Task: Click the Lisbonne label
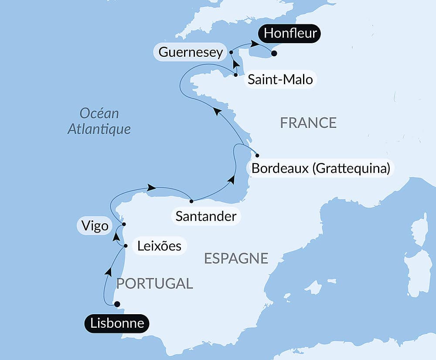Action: [x=116, y=323]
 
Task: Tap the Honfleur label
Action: [x=290, y=33]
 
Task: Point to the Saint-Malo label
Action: [x=280, y=79]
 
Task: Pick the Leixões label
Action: [x=159, y=246]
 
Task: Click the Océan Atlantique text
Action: [x=99, y=121]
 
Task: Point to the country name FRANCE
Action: [x=308, y=123]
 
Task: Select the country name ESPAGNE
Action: [x=236, y=258]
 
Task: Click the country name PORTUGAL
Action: [x=154, y=283]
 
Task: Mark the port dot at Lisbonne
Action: [x=116, y=304]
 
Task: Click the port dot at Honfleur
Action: [x=274, y=54]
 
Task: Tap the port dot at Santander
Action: [x=191, y=201]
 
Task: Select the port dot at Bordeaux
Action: [x=257, y=155]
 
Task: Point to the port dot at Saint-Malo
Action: [x=236, y=75]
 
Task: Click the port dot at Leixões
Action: [x=126, y=246]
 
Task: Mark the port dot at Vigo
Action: [x=124, y=224]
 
